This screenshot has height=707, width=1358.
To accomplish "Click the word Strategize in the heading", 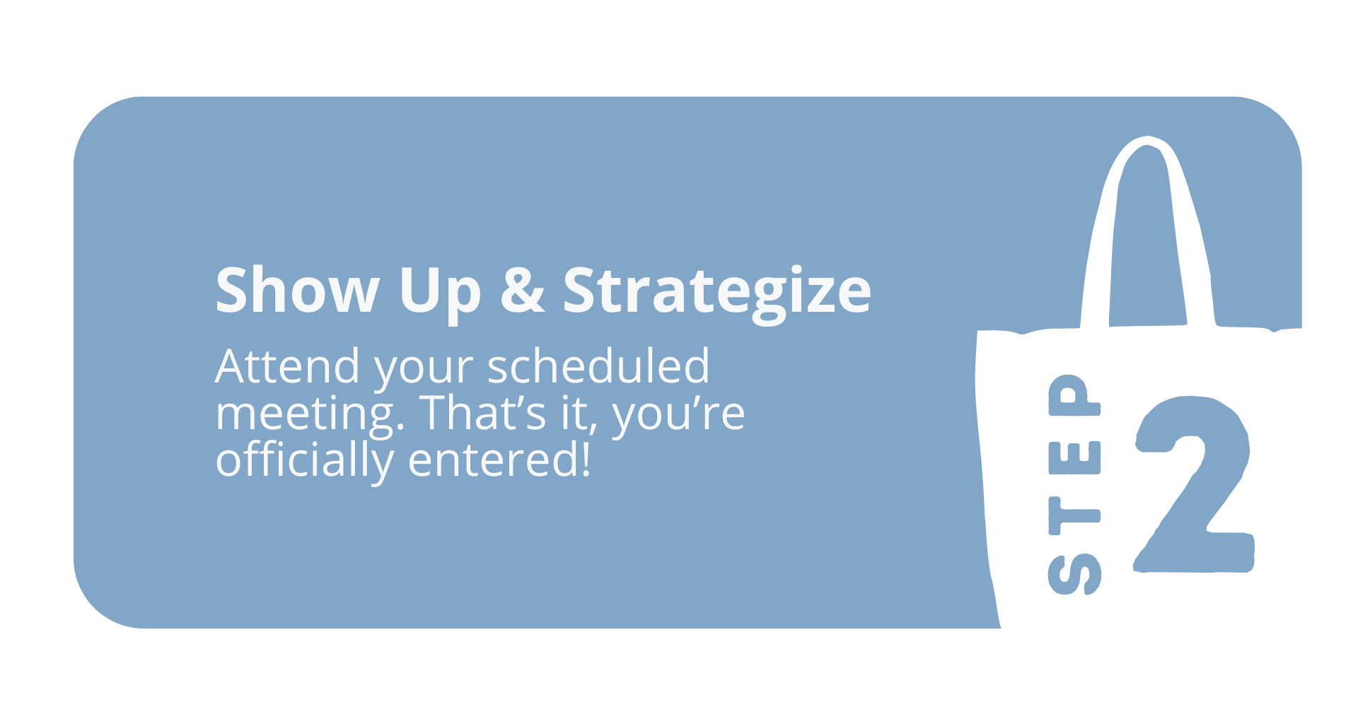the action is click(x=716, y=293).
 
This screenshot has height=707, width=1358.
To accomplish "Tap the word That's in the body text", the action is click(x=483, y=412).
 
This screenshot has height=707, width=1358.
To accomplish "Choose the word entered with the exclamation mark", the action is click(x=499, y=459).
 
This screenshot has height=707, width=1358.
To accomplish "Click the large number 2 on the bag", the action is click(x=1195, y=484).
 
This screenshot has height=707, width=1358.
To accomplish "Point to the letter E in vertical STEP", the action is click(x=1074, y=457).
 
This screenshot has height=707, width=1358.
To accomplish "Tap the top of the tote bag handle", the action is click(x=1147, y=140).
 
